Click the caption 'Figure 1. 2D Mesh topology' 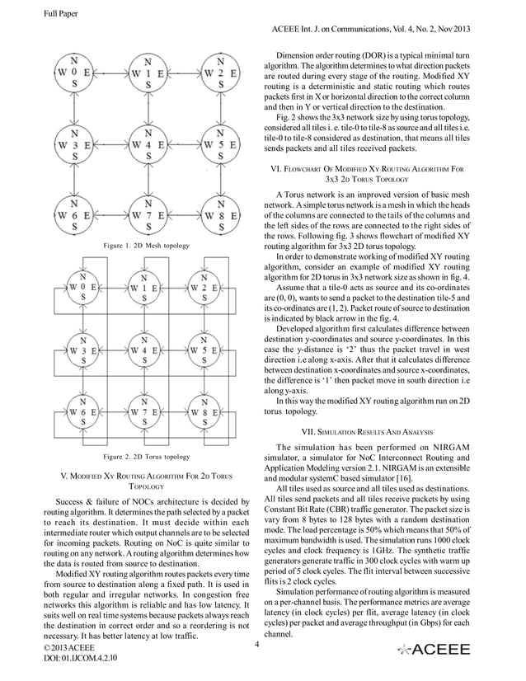146,246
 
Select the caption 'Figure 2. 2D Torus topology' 146,456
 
